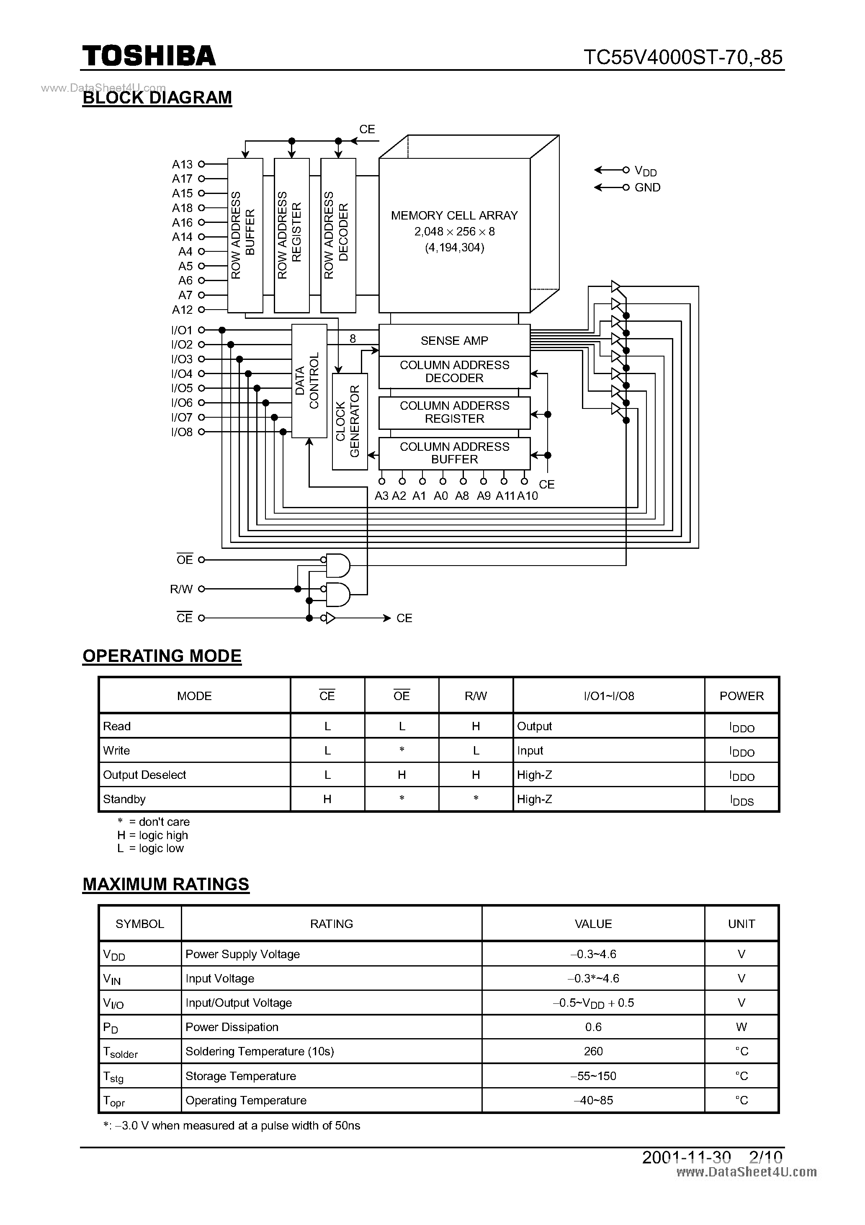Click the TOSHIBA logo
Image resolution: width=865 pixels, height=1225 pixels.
[149, 56]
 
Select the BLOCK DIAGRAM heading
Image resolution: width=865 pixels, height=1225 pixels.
[157, 98]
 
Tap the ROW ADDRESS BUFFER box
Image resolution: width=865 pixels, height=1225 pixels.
[245, 235]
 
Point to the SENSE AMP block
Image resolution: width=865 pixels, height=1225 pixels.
[454, 341]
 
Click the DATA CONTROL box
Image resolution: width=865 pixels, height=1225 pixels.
[309, 380]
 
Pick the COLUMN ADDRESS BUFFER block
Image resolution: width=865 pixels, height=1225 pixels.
[454, 453]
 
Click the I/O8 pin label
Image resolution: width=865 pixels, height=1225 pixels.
[182, 432]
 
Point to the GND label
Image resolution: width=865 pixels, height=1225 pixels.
[647, 187]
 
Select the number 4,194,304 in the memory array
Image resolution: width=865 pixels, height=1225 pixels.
[454, 248]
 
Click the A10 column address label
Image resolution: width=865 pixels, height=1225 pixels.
[528, 496]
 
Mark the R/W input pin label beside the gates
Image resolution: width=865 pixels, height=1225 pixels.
[181, 589]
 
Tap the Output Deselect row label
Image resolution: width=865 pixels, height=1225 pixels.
[144, 775]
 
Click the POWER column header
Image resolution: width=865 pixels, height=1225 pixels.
[741, 696]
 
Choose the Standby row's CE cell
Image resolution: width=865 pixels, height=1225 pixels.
[327, 799]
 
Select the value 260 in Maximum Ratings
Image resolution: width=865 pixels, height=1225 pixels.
[593, 1051]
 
